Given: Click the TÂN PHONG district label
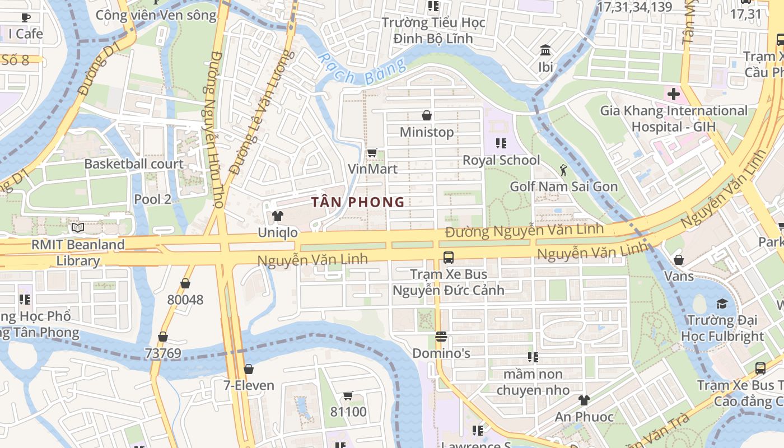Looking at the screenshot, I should pos(357,202).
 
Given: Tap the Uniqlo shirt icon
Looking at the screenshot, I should pos(277,216).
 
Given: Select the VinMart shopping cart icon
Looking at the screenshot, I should pos(372,152).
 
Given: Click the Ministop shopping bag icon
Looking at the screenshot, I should pos(427,115).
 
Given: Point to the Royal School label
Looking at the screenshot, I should pos(501,160).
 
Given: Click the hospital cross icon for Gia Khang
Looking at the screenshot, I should pos(674,94).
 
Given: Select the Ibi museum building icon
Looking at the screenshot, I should pos(545,50).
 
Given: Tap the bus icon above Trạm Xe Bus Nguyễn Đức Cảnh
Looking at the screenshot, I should pos(448,258).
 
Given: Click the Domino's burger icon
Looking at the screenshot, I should pos(441,337).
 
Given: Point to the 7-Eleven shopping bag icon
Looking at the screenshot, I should pos(249,369).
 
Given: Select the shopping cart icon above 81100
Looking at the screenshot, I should pos(348,396).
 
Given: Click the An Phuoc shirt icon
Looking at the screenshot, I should pos(584,400).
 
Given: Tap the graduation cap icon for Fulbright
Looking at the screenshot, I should pos(722,304).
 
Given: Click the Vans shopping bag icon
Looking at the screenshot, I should pos(679,260).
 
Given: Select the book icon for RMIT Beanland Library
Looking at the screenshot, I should pos(78,228).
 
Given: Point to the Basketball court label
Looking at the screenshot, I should pos(134,164).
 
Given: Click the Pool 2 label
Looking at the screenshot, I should pos(152,199).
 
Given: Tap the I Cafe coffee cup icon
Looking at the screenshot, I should pos(26,17).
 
